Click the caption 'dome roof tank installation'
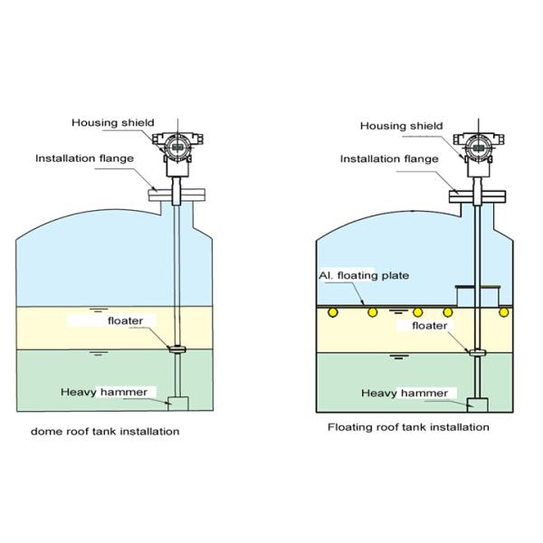[x=104, y=432]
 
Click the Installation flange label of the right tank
[x=389, y=159]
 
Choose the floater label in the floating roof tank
[x=429, y=324]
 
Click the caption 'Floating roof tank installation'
[x=408, y=426]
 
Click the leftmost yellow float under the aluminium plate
[x=333, y=312]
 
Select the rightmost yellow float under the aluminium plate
[x=504, y=312]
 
